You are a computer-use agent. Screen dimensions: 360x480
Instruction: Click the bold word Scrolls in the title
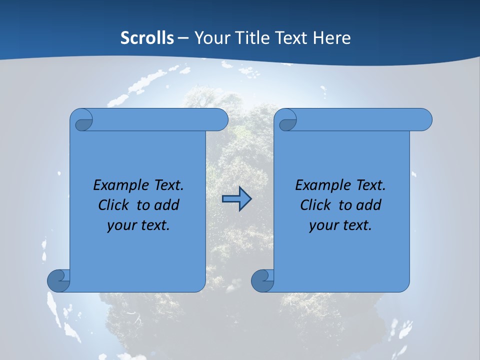147,38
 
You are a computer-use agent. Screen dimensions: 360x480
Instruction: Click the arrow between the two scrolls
236,199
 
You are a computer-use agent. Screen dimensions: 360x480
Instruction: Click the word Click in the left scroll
115,205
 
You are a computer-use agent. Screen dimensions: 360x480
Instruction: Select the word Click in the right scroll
317,205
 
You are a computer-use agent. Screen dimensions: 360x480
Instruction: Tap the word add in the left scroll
167,205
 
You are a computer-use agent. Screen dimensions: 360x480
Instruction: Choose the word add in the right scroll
369,205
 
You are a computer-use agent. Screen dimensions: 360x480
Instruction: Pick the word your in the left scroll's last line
121,225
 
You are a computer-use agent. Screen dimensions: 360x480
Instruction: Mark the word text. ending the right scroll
357,225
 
